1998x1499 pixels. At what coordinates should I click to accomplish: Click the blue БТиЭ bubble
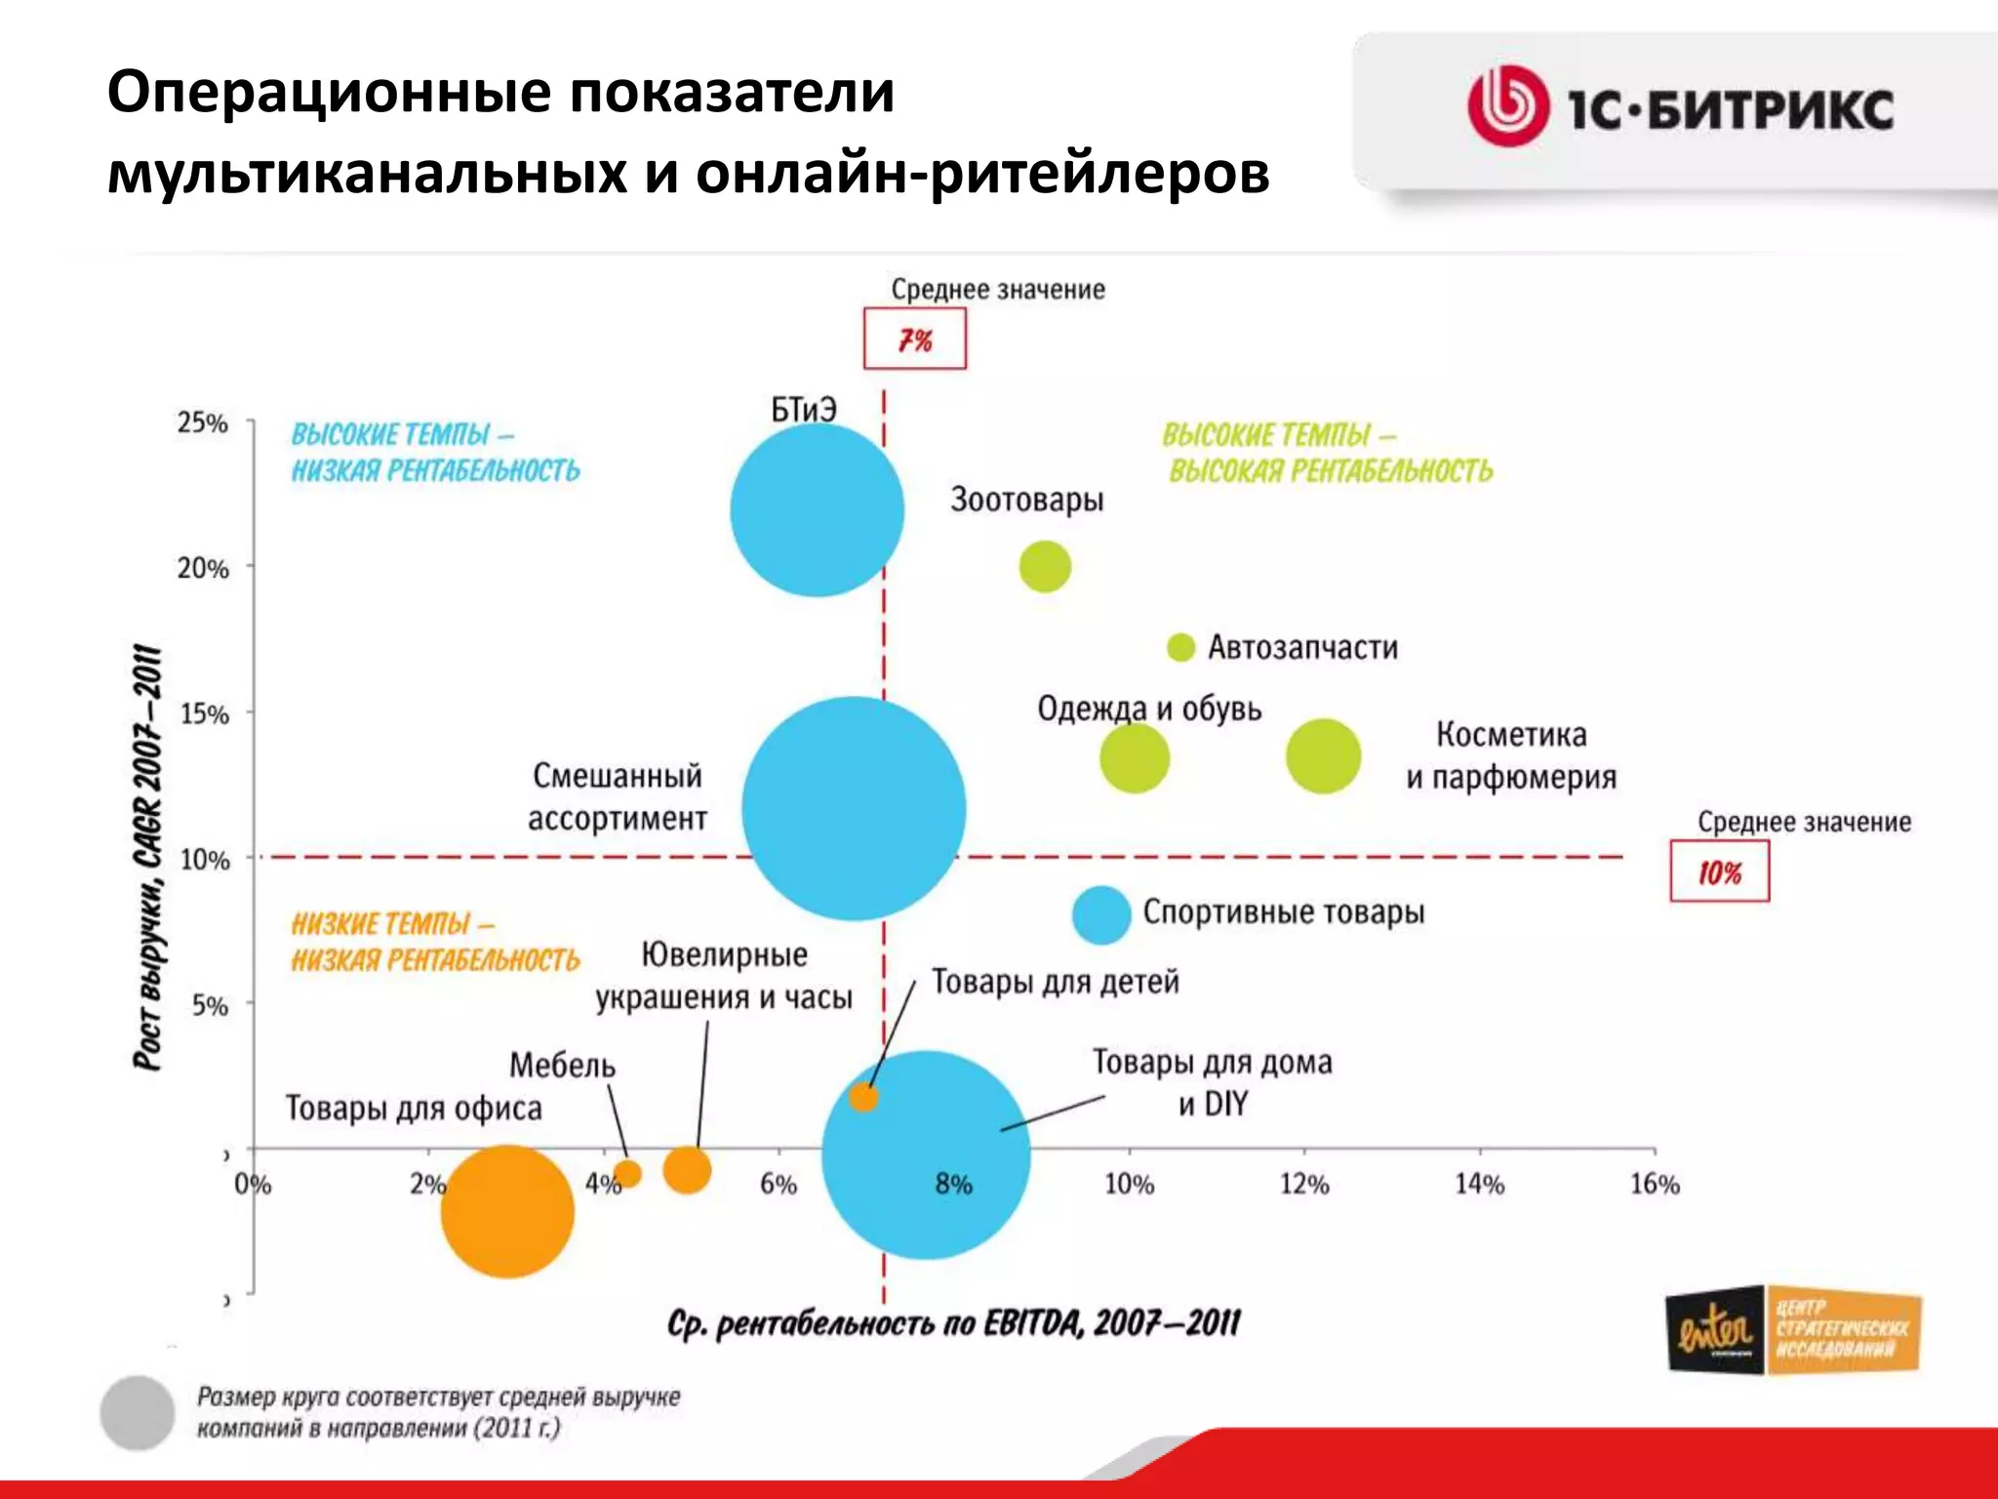[817, 509]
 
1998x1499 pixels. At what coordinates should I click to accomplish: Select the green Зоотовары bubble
[1045, 566]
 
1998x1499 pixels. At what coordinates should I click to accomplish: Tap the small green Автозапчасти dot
[1180, 647]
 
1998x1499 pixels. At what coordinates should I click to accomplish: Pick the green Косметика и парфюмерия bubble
[1323, 756]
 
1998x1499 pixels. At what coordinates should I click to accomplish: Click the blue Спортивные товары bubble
[1101, 915]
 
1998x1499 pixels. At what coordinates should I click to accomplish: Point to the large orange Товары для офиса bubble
[507, 1211]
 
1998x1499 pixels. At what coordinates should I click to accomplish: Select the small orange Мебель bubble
[627, 1173]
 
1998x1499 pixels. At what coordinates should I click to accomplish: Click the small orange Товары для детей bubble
[863, 1097]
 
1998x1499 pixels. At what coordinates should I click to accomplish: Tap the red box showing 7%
[914, 340]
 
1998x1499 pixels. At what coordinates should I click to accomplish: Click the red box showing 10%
[1719, 872]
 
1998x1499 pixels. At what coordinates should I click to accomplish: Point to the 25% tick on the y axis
[203, 423]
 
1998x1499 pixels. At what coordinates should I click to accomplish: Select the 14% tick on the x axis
[1479, 1184]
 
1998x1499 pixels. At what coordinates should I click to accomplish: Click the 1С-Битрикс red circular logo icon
[1507, 106]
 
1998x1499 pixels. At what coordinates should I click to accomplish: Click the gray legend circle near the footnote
[138, 1412]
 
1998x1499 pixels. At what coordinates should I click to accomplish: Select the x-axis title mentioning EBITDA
[953, 1324]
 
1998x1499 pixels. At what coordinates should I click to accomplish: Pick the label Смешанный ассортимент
[617, 796]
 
